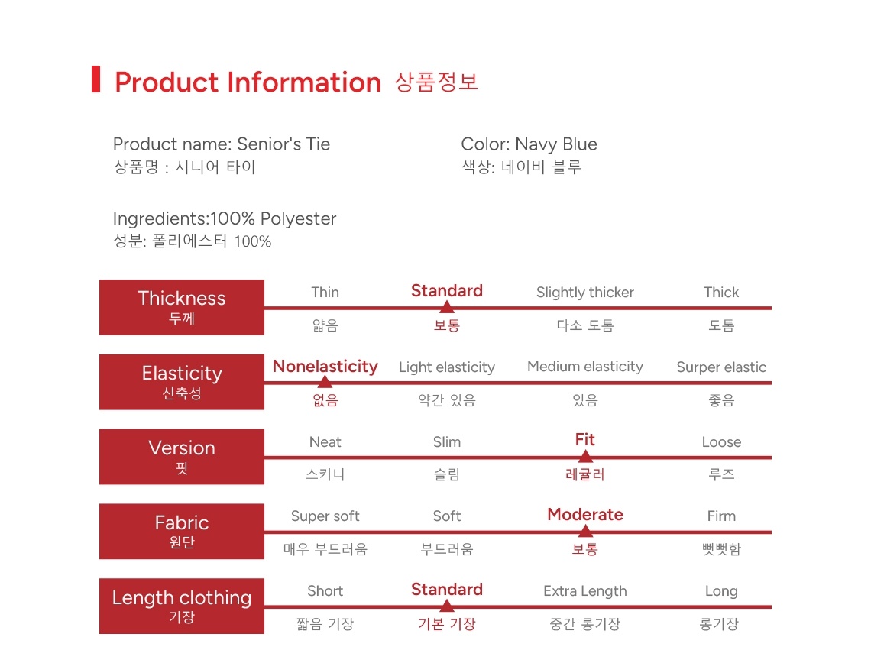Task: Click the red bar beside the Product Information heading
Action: click(96, 79)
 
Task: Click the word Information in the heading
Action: click(304, 82)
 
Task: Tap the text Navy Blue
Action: click(556, 144)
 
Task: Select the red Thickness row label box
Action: click(182, 307)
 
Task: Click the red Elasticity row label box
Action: click(182, 382)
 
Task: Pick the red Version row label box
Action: click(182, 457)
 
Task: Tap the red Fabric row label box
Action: click(182, 532)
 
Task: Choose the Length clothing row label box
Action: click(182, 606)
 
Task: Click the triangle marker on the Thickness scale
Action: click(447, 306)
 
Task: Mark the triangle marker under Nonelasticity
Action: click(325, 381)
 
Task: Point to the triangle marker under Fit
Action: click(585, 457)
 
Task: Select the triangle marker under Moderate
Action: click(585, 531)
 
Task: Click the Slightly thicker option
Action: click(585, 293)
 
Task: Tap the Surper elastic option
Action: click(721, 367)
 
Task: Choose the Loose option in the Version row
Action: click(721, 442)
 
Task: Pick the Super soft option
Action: click(325, 517)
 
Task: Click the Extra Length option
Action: click(585, 591)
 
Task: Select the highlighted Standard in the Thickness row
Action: click(447, 291)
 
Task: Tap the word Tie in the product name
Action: click(318, 144)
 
